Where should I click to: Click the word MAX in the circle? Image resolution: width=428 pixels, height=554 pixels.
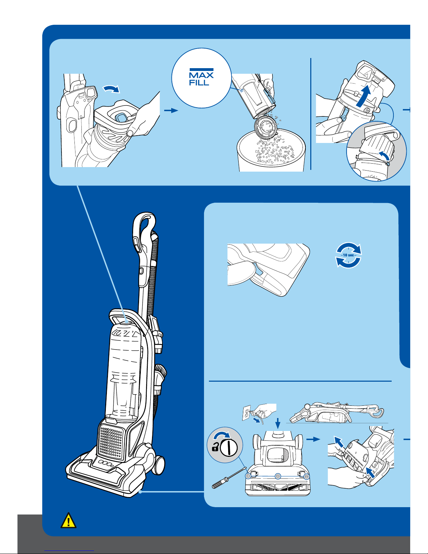point(201,75)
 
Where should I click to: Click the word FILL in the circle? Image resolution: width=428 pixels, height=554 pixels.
point(199,83)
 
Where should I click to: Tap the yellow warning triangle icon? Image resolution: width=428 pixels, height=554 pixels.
point(68,520)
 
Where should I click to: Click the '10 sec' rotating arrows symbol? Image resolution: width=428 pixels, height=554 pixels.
point(348,255)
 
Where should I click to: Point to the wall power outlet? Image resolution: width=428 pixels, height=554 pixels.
point(247,412)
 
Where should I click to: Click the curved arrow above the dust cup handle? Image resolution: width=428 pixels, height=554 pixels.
point(112,90)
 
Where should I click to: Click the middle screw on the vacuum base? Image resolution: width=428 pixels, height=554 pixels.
point(277,476)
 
